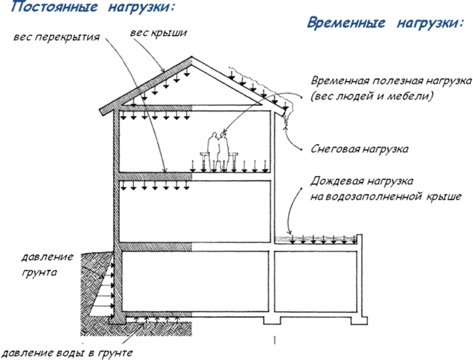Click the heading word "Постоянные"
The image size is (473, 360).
click(x=54, y=7)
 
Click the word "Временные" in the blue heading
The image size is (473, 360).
click(x=346, y=23)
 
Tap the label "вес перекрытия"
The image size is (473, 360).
click(x=56, y=37)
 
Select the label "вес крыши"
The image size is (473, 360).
click(x=158, y=33)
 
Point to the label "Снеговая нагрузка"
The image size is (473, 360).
click(x=360, y=148)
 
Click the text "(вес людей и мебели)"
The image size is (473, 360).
click(x=373, y=96)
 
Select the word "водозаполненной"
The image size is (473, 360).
click(x=373, y=196)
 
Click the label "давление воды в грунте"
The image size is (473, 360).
click(x=67, y=352)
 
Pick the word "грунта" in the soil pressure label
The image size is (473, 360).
click(x=39, y=272)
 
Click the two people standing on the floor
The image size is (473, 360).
click(x=219, y=151)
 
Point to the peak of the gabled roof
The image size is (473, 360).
click(x=191, y=57)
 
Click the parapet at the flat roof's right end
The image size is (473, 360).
click(x=359, y=242)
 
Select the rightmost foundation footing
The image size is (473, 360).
click(x=358, y=320)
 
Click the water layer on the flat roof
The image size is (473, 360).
click(x=316, y=239)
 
